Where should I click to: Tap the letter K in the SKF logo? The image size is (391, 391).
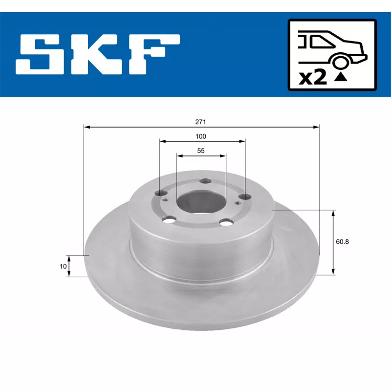point(96,54)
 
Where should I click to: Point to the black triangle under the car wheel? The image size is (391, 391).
point(342,76)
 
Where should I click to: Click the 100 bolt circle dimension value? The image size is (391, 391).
point(201,136)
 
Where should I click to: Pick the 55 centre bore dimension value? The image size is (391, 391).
point(201,151)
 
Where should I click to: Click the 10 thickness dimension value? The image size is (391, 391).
point(63,266)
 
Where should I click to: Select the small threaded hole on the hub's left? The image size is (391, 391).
point(165,199)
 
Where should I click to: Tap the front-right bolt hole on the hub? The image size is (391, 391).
point(225,223)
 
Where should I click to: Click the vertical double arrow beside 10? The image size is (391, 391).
point(69,266)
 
